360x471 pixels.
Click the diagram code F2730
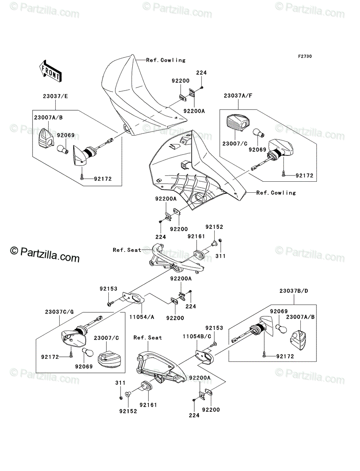coord(305,57)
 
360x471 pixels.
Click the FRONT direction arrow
coord(51,71)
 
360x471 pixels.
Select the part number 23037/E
coord(55,96)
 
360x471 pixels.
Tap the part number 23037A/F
coord(238,95)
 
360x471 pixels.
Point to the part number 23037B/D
coord(294,291)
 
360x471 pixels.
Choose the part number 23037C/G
coord(59,312)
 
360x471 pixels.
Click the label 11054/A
coord(142,317)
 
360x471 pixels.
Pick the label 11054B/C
coord(197,336)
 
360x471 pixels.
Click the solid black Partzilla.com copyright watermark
coord(45,254)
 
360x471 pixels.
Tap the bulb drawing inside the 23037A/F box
coord(259,133)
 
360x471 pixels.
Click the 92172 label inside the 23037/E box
coord(103,179)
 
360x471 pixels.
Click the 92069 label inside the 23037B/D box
coord(279,311)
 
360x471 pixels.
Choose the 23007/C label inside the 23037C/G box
coord(106,338)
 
